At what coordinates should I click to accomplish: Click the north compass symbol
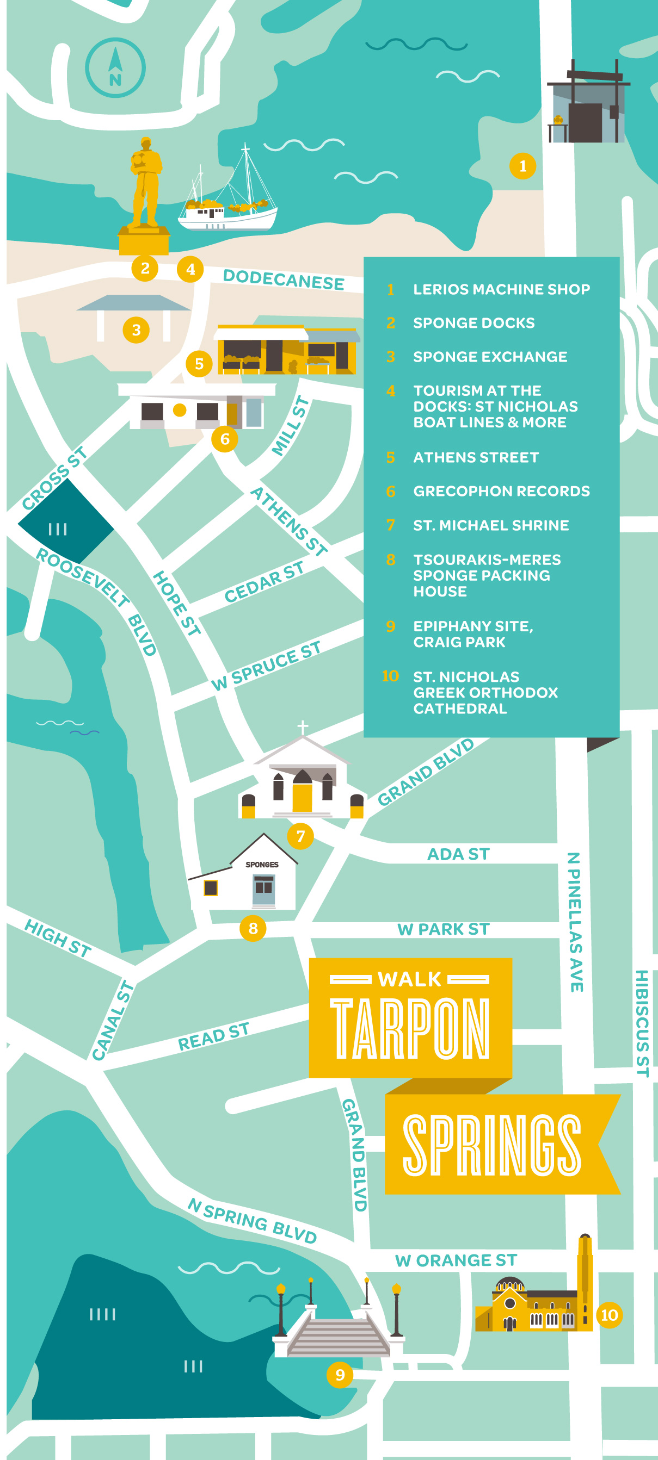tap(115, 68)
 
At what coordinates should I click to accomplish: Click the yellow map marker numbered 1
tap(522, 166)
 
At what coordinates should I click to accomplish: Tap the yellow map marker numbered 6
tap(225, 439)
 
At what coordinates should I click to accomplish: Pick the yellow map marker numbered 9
tap(340, 1375)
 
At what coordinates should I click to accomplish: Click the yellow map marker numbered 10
tap(609, 1315)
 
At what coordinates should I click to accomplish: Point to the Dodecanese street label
tap(283, 279)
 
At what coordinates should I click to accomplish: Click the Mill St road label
tap(291, 426)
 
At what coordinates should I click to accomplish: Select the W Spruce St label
tap(266, 666)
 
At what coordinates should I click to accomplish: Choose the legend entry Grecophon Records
tap(501, 491)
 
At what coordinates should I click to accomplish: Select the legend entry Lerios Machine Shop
tap(501, 289)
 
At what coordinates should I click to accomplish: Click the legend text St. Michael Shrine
tap(491, 525)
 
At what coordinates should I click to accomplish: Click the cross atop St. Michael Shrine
tap(303, 726)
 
